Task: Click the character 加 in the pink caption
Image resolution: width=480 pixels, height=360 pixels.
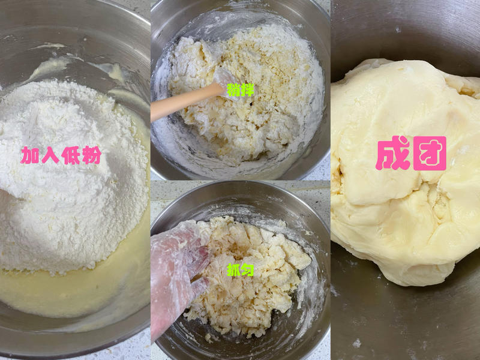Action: pos(31,156)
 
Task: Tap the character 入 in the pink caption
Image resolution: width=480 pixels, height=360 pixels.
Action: pos(50,156)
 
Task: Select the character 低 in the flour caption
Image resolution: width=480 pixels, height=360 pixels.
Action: pos(70,156)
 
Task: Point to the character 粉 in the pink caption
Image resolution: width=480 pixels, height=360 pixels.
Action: pos(91,156)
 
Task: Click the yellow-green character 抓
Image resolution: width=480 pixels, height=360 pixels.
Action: pos(233,270)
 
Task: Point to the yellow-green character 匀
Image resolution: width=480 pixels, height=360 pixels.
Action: pos(247,270)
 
